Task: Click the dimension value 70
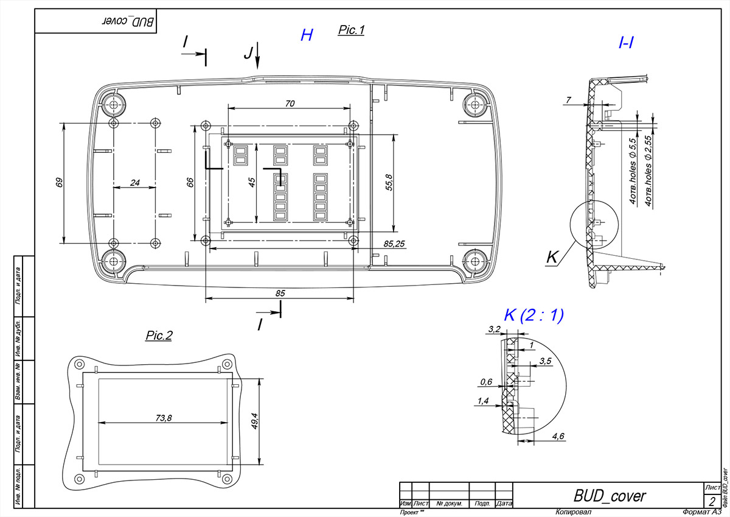(x=290, y=104)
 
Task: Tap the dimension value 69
(x=59, y=183)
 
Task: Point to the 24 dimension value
(x=135, y=183)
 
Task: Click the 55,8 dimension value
(x=389, y=183)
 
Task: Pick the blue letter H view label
(x=307, y=35)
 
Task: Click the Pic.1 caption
(x=351, y=29)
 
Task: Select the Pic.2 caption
(x=159, y=336)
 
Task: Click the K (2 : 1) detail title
(x=534, y=315)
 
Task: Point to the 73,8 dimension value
(x=164, y=418)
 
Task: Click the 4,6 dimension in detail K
(x=558, y=436)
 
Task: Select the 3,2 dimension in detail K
(x=493, y=329)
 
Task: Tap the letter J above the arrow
(x=248, y=54)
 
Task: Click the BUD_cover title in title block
(x=610, y=496)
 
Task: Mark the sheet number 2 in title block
(x=712, y=502)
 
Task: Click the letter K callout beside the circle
(x=552, y=258)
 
